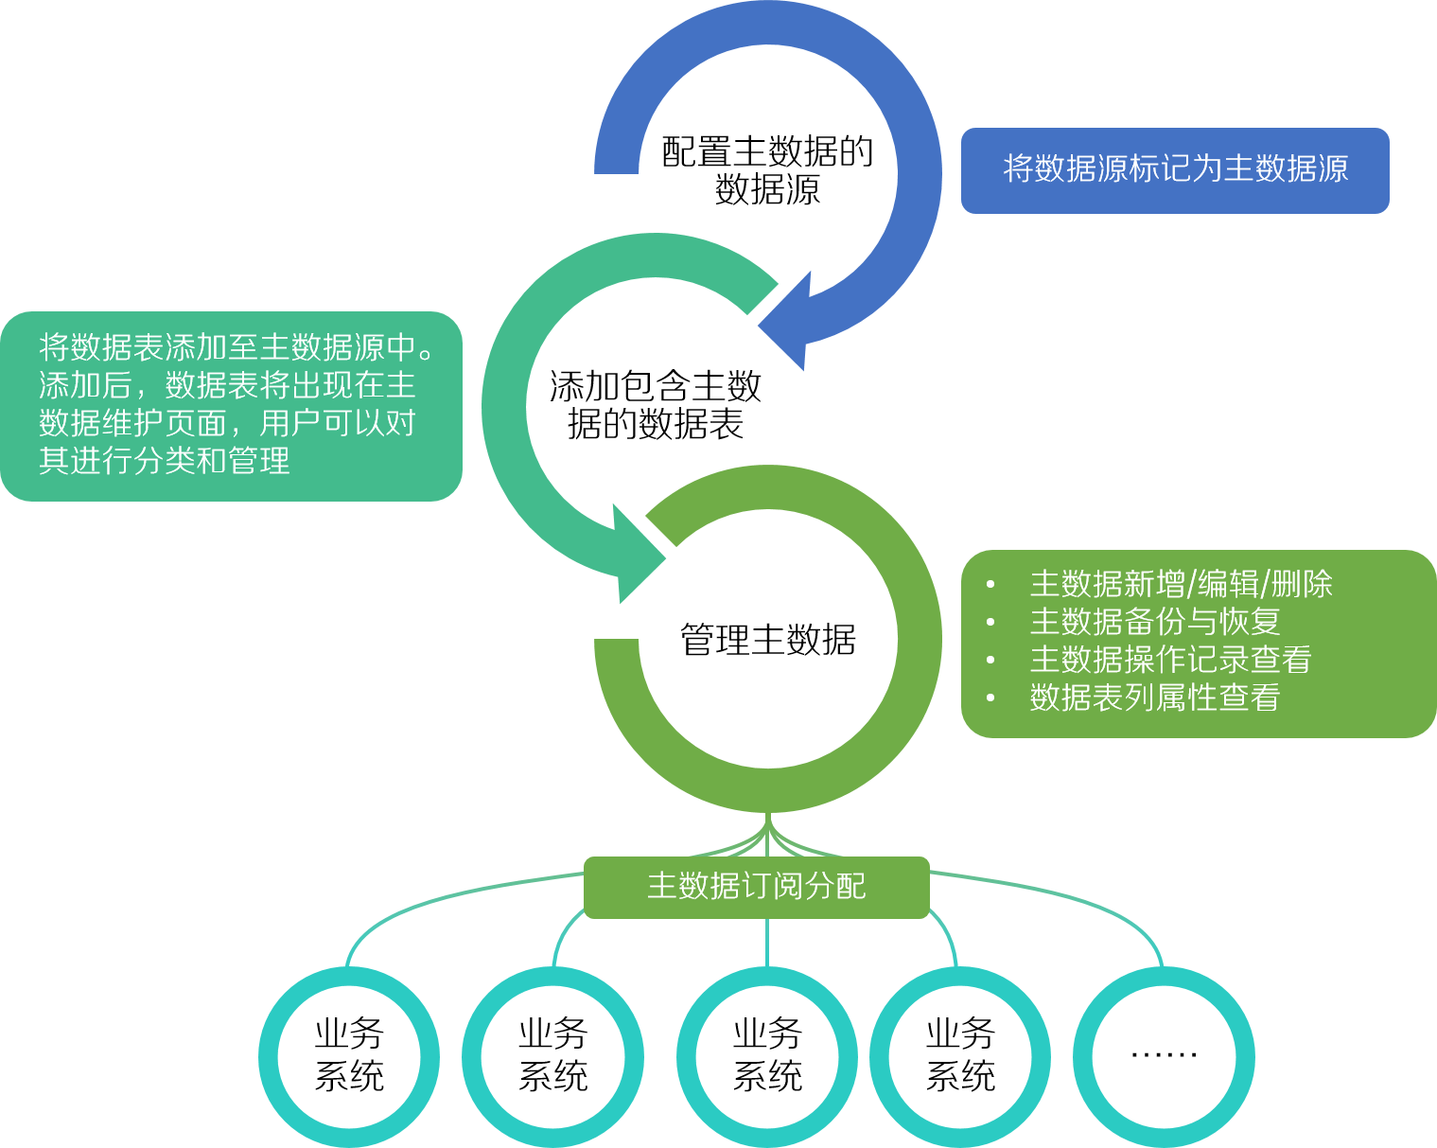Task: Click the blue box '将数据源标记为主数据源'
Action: (x=1175, y=170)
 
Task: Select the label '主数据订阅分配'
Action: (x=757, y=887)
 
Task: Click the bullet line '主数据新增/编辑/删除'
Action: (x=1181, y=584)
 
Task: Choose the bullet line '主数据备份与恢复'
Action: (x=1154, y=622)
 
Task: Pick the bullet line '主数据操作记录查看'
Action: (x=1170, y=660)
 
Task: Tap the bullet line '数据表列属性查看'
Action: (x=1154, y=698)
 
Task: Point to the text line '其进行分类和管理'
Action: (x=165, y=461)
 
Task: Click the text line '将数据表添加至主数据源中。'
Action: (x=237, y=348)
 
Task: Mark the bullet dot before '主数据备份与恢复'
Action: (x=990, y=623)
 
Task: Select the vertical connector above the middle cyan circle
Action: (x=767, y=942)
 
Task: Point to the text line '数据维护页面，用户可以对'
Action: (x=227, y=423)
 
